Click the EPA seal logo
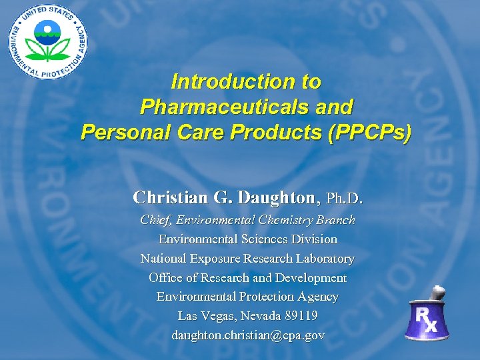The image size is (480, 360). pos(46,42)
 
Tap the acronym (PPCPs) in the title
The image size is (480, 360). pos(370,132)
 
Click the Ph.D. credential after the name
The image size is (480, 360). pos(345,198)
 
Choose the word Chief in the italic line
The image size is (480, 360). pos(155,220)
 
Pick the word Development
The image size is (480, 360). pos(308,277)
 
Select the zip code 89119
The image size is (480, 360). pos(299,315)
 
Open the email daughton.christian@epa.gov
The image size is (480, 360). pos(247,335)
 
